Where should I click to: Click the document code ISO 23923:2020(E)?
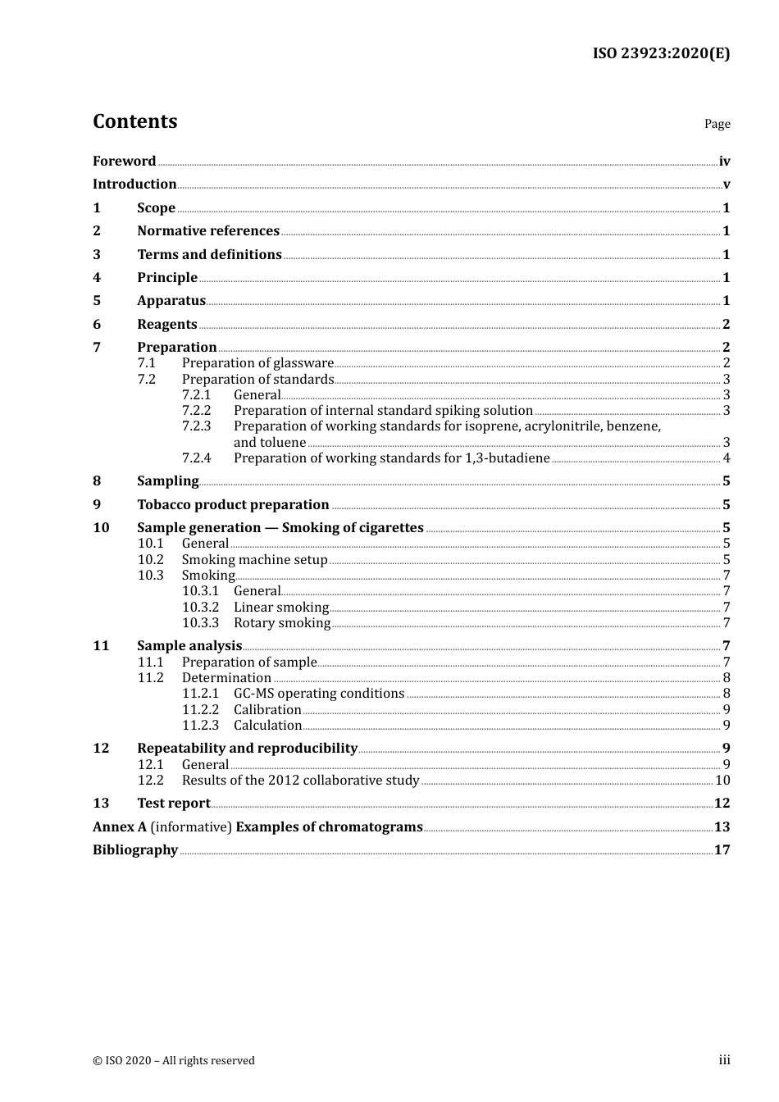(x=661, y=53)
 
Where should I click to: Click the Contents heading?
(x=134, y=121)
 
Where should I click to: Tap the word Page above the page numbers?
(x=717, y=124)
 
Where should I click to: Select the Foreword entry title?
(x=124, y=161)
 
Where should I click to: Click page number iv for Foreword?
(x=724, y=162)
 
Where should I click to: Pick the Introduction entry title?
(x=134, y=184)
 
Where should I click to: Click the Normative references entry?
(x=208, y=231)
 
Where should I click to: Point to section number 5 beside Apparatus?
(x=97, y=301)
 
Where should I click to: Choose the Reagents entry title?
(x=167, y=325)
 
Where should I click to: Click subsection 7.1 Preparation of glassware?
(x=257, y=363)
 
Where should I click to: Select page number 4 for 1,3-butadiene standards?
(x=727, y=458)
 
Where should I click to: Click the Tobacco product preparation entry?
(x=233, y=505)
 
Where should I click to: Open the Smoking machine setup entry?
(x=254, y=560)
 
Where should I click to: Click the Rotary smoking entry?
(x=282, y=623)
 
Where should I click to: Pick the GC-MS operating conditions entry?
(x=319, y=694)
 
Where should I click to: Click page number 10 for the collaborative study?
(x=722, y=781)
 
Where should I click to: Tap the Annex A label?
(x=120, y=827)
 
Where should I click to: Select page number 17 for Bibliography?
(x=722, y=850)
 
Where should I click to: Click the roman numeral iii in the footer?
(x=724, y=1060)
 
